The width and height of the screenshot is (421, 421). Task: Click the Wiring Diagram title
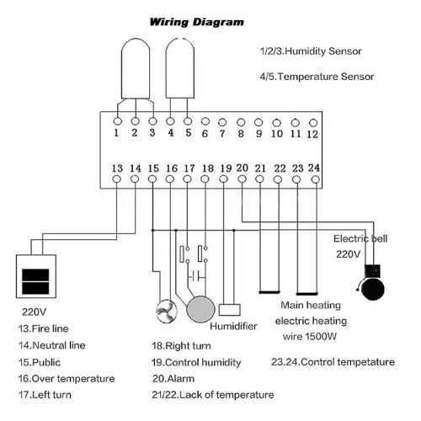click(196, 22)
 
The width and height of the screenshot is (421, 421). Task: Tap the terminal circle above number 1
click(118, 121)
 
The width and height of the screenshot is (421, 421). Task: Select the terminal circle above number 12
click(313, 123)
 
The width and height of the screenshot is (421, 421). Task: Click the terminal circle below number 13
click(116, 179)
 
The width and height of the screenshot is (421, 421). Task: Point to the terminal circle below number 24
click(316, 179)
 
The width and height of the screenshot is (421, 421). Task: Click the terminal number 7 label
click(222, 134)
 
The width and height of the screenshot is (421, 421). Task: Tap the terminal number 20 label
click(242, 168)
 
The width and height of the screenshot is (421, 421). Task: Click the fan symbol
click(167, 312)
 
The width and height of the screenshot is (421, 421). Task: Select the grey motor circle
click(200, 309)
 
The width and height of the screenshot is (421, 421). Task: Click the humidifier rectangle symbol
click(230, 310)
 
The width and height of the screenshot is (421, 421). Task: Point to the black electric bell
click(372, 284)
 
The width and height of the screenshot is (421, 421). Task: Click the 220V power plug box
click(36, 276)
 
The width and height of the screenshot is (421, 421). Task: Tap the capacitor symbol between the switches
click(196, 276)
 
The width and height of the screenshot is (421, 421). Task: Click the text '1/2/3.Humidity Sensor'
click(311, 51)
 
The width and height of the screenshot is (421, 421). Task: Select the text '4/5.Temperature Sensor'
click(317, 77)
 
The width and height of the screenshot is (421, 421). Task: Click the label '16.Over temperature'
click(67, 379)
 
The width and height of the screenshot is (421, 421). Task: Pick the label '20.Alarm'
click(173, 379)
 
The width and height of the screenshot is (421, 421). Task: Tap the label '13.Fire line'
click(43, 328)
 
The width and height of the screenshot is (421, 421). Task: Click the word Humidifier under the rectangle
click(233, 326)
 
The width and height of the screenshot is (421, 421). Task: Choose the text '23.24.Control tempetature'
click(333, 362)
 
